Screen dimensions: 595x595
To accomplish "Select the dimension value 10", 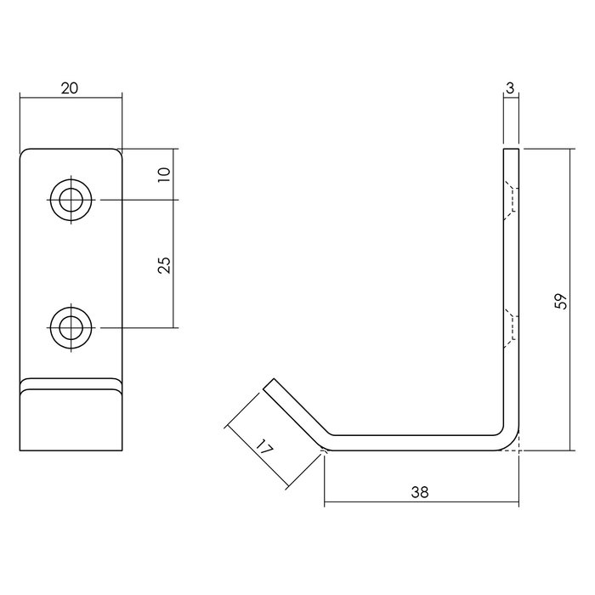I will click(x=165, y=174).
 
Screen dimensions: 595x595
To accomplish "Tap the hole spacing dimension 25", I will click(x=165, y=264).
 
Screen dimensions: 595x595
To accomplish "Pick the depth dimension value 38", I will click(x=421, y=491).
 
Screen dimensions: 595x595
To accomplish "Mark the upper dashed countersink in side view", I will click(x=510, y=201).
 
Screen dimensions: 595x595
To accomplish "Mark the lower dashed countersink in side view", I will click(x=510, y=326).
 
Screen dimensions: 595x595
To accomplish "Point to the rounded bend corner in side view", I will click(x=510, y=440).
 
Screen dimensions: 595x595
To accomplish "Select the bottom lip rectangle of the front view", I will click(x=71, y=419).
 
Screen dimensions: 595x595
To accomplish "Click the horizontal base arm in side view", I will click(x=416, y=441).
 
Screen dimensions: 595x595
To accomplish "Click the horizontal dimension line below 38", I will click(x=421, y=502).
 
